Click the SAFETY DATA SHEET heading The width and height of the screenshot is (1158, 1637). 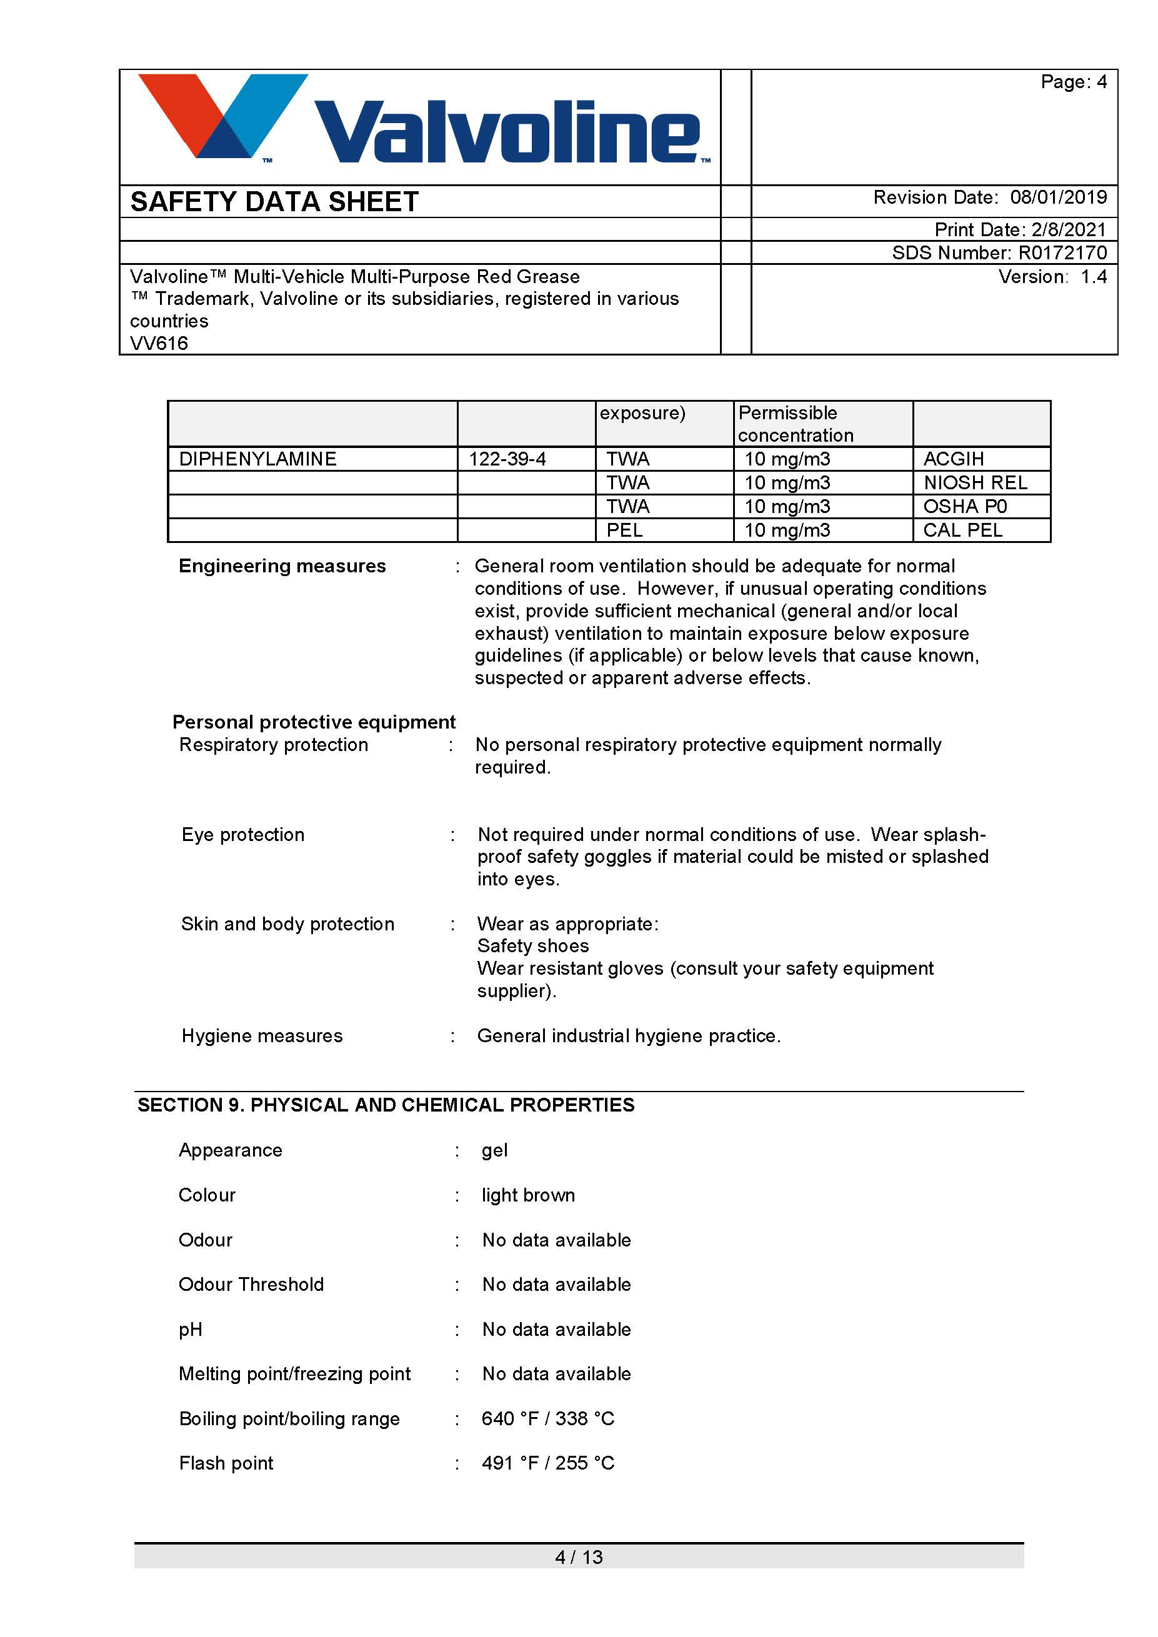point(274,202)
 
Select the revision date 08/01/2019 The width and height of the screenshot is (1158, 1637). point(1058,197)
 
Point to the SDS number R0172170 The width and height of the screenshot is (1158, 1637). point(1062,253)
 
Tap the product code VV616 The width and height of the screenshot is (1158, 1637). point(159,344)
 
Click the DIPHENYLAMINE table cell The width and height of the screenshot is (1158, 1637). point(257,459)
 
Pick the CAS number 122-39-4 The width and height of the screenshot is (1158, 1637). point(507,459)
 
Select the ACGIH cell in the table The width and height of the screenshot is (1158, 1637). point(954,459)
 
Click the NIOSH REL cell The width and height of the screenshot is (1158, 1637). point(975,484)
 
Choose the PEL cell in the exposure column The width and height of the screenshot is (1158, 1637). point(625,530)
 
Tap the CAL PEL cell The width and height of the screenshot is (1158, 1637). point(962,530)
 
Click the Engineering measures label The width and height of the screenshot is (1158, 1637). point(282,566)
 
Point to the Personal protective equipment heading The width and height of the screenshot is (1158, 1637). point(314,722)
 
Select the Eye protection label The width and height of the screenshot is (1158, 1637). point(243,835)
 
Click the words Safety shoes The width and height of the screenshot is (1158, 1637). point(533,946)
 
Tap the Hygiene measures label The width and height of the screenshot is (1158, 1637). point(262,1036)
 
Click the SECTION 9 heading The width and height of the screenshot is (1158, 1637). point(386,1105)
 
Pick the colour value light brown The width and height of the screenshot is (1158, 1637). point(528,1196)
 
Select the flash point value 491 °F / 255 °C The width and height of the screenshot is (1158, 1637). point(547,1463)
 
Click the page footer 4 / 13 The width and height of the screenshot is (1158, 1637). point(579,1557)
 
